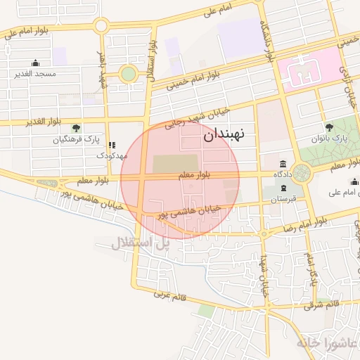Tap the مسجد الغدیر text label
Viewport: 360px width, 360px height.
click(36, 73)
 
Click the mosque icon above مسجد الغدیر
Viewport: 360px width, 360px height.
click(36, 63)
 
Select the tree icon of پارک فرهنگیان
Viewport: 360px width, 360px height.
click(77, 128)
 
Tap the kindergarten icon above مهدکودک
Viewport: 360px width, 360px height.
click(111, 145)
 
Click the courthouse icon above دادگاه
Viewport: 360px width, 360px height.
click(283, 164)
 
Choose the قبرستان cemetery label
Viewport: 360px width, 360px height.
click(283, 200)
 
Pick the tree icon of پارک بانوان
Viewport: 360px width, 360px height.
click(329, 127)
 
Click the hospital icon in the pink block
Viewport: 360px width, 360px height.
click(300, 71)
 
